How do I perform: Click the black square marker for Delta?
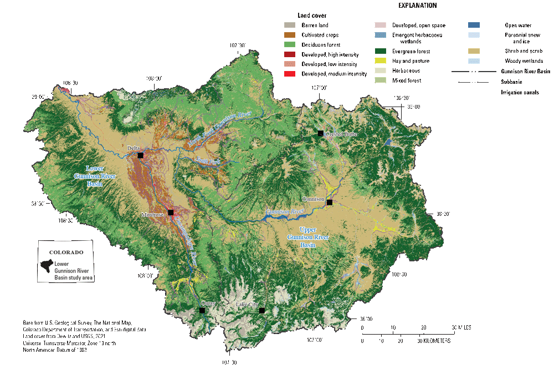[x=140, y=156]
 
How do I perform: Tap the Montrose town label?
[x=153, y=215]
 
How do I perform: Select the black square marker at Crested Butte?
[x=321, y=133]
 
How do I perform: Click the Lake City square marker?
[x=262, y=311]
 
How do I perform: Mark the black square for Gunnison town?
[x=329, y=203]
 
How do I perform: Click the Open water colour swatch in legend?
[x=473, y=26]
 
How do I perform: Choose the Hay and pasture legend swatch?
[x=381, y=60]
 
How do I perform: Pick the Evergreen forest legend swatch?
[x=381, y=50]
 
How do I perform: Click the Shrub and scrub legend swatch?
[x=473, y=50]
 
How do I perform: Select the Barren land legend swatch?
[x=289, y=26]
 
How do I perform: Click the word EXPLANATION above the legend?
[x=417, y=6]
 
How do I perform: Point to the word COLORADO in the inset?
[x=66, y=252]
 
